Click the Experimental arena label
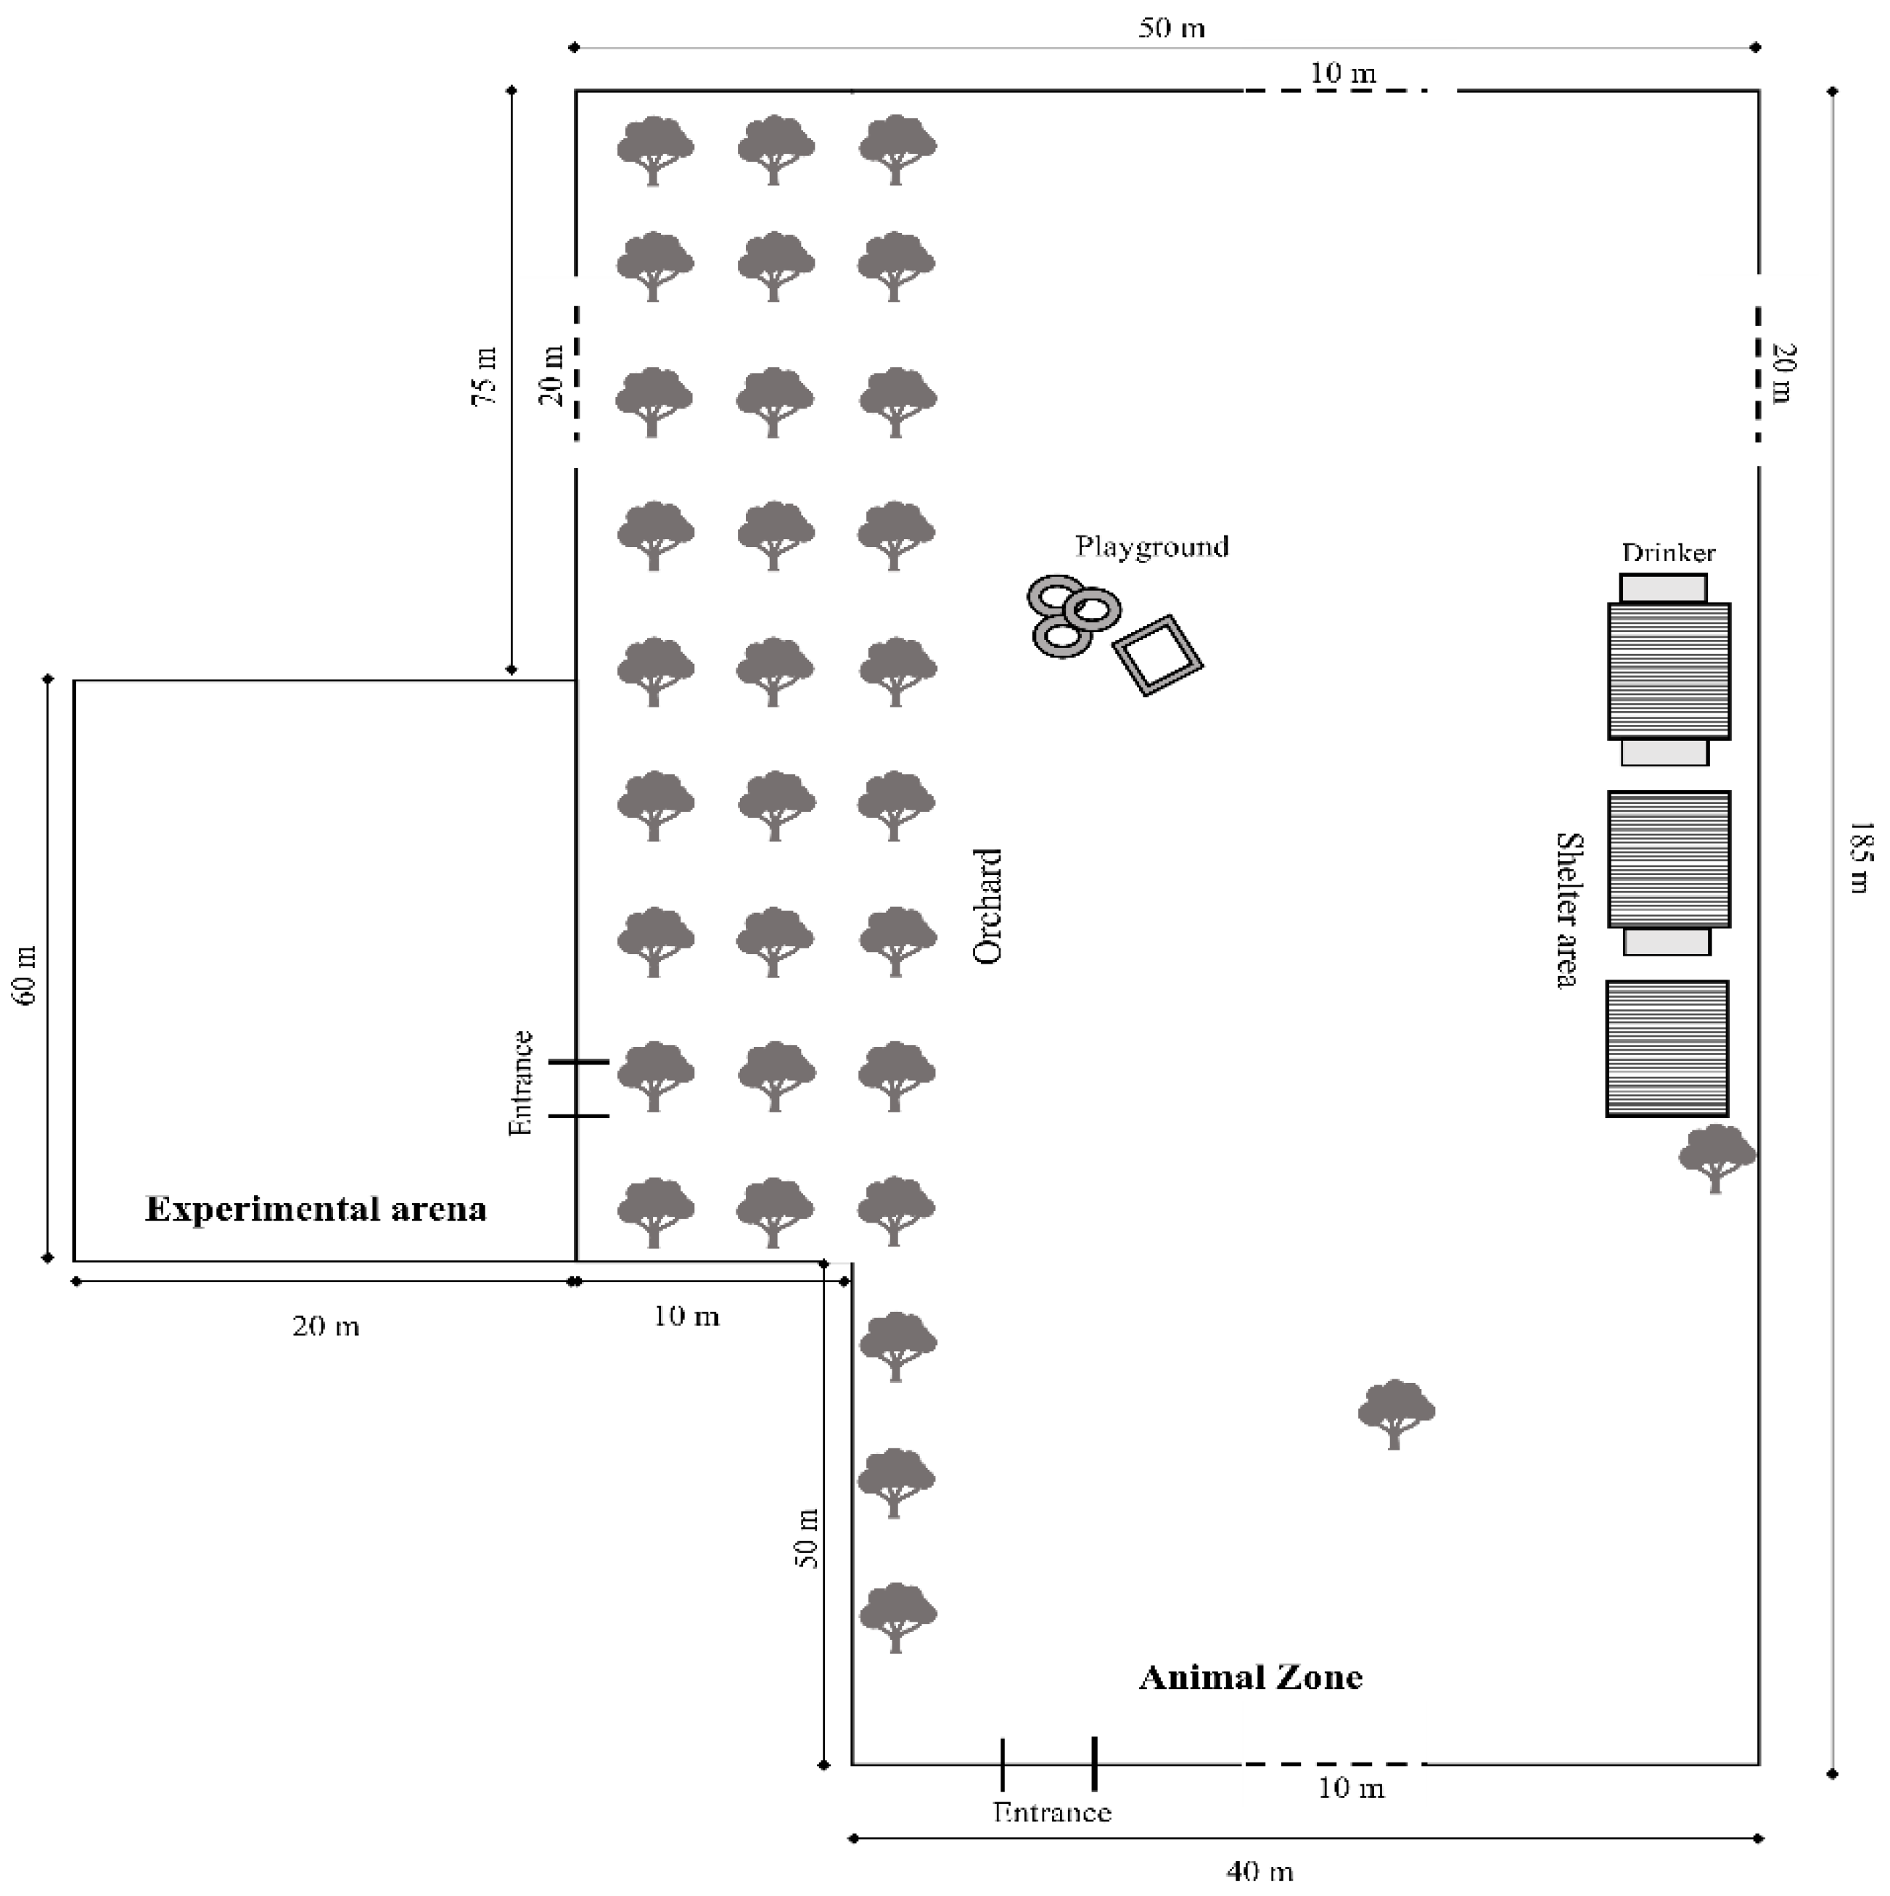tap(316, 1208)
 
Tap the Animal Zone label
tap(1250, 1677)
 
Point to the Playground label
tap(1151, 546)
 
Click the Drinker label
tap(1668, 552)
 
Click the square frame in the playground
tap(1158, 654)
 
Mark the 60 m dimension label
tap(25, 975)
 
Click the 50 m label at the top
tap(1171, 28)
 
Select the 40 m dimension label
tap(1259, 1871)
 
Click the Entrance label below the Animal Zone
tap(1052, 1812)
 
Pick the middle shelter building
tap(1668, 858)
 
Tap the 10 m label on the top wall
tap(1342, 73)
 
